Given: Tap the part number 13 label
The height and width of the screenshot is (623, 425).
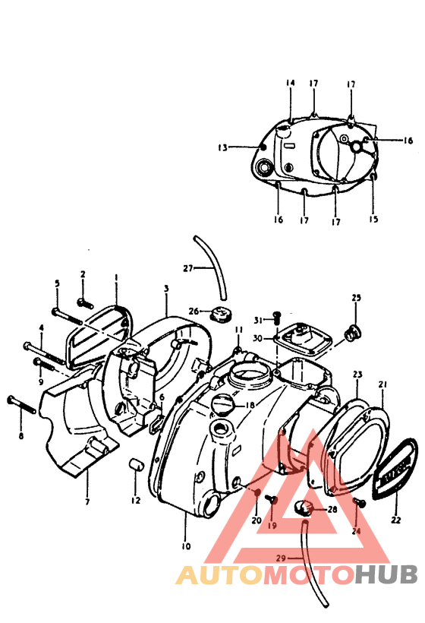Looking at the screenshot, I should pyautogui.click(x=222, y=148).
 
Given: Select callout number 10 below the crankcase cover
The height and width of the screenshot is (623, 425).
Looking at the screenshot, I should pyautogui.click(x=187, y=546).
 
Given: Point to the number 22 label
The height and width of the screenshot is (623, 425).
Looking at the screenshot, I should pyautogui.click(x=395, y=520).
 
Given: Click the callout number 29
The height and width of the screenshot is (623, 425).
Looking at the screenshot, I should pyautogui.click(x=280, y=558).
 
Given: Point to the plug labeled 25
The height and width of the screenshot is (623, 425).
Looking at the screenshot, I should pyautogui.click(x=353, y=331).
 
